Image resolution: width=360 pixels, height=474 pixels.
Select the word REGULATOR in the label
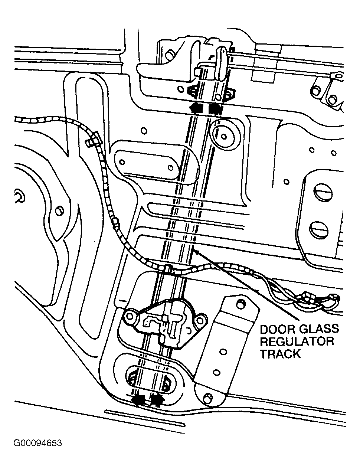coord(297,341)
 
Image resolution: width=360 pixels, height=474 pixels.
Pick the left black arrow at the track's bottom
coord(139,400)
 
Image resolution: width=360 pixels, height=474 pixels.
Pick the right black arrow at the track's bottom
coord(157,400)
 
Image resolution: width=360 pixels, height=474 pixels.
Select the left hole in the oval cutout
coord(122,162)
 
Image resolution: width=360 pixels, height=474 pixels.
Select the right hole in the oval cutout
coord(170,167)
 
